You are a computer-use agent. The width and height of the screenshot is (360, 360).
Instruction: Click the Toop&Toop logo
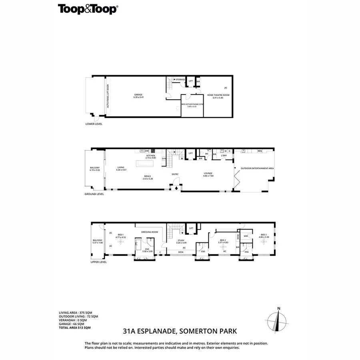click(88, 9)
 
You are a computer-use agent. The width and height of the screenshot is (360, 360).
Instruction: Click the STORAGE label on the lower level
click(180, 80)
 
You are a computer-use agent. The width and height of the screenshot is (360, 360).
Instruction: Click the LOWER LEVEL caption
click(94, 124)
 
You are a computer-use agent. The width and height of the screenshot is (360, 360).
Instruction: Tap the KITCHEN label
click(150, 156)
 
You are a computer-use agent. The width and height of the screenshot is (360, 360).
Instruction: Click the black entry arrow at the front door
click(175, 187)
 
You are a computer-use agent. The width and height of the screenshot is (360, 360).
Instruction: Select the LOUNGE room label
click(208, 174)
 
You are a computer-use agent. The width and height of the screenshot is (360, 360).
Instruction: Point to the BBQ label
click(260, 151)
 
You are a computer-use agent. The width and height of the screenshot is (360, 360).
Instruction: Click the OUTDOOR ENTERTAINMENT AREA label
click(254, 168)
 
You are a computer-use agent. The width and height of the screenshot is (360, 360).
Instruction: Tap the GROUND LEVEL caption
click(94, 194)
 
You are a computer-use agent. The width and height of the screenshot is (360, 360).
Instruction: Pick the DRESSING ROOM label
click(150, 232)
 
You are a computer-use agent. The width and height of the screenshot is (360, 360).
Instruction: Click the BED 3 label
click(263, 235)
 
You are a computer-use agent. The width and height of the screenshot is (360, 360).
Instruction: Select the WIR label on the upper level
click(246, 236)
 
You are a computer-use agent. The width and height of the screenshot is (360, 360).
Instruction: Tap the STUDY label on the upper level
click(181, 241)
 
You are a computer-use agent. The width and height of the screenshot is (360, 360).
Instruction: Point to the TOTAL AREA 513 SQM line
click(75, 328)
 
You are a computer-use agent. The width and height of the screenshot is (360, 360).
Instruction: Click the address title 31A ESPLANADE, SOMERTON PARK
click(180, 331)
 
